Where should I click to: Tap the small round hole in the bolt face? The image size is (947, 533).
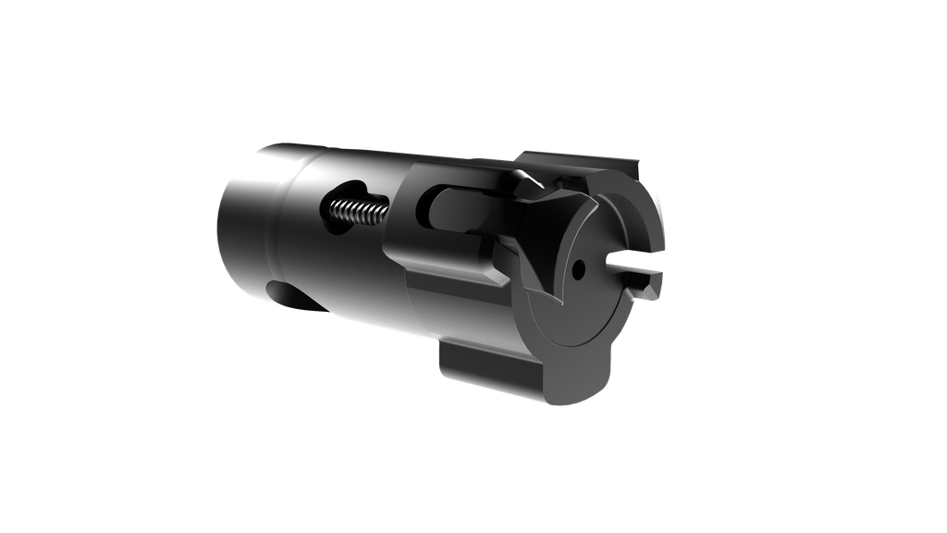click(x=577, y=271)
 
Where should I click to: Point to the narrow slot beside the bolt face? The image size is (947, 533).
click(x=634, y=272)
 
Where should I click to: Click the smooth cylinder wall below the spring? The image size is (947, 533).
click(x=351, y=278)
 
